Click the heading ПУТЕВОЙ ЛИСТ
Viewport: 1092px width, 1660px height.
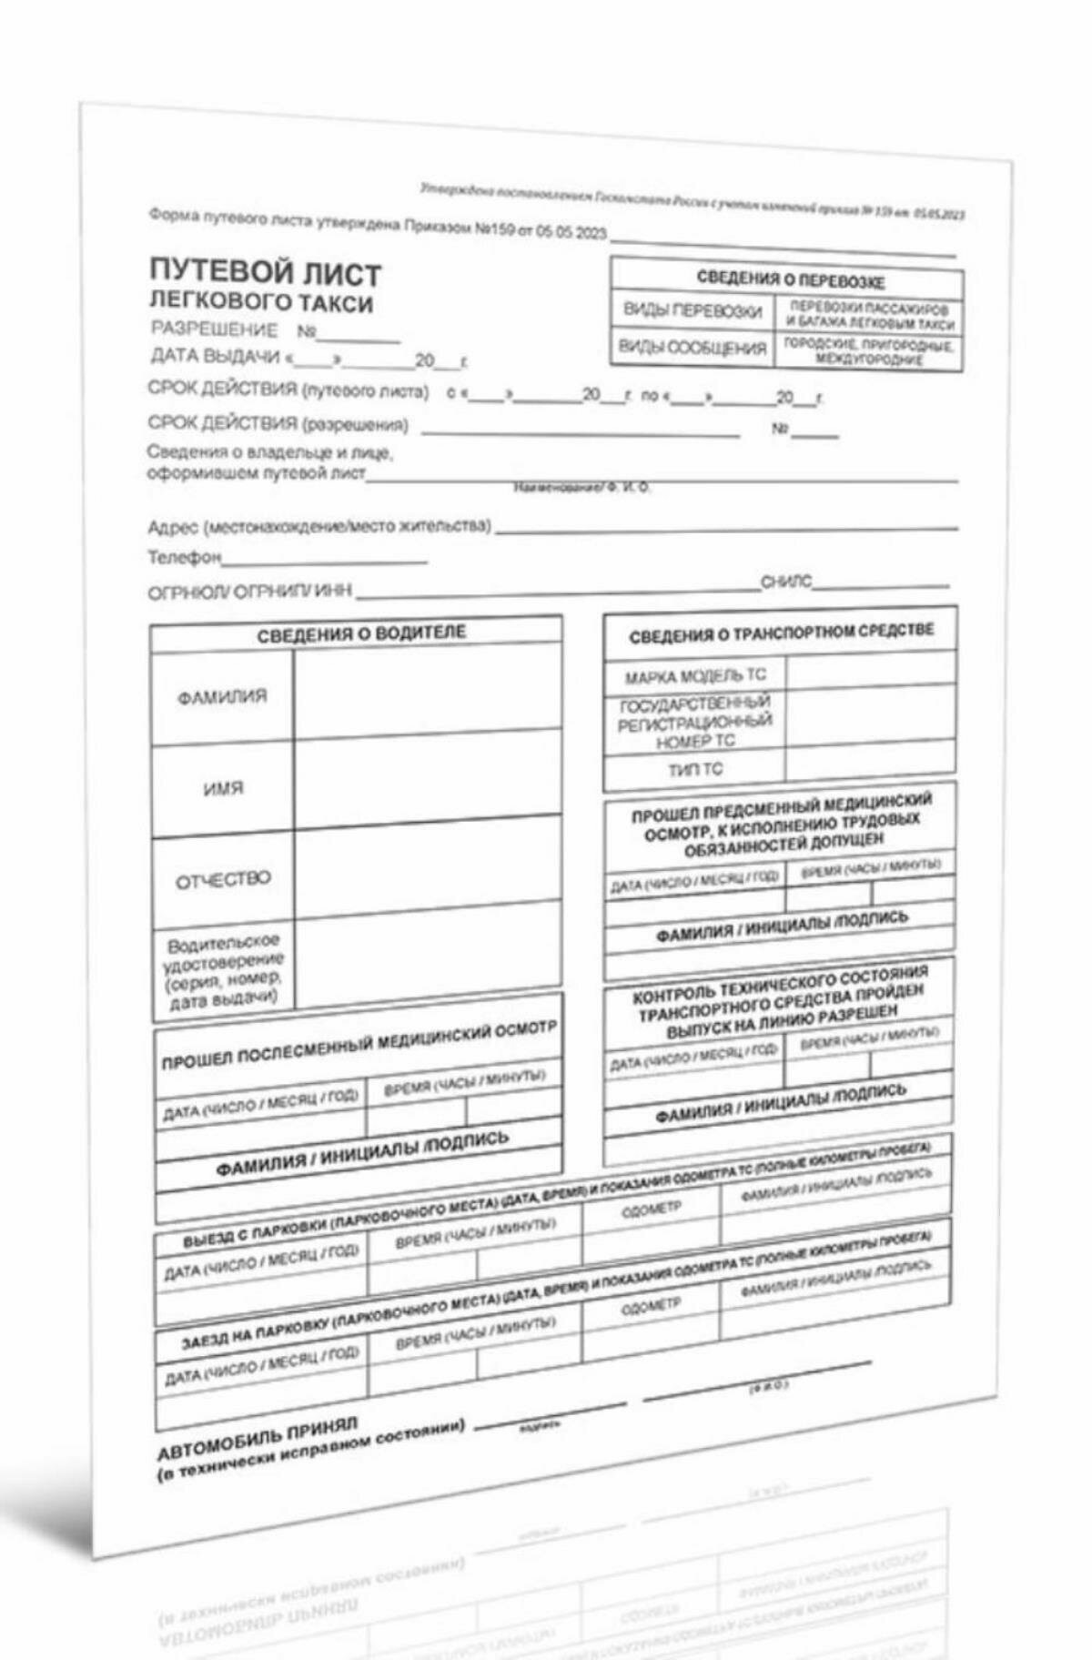tap(265, 272)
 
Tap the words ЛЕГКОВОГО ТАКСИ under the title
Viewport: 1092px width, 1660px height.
tap(260, 301)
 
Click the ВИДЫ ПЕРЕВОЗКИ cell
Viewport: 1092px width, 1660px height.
tap(693, 311)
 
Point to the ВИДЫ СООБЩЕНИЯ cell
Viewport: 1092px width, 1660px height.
tap(693, 348)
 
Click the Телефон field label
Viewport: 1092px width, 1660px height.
tap(184, 556)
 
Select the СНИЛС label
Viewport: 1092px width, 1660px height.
tap(786, 582)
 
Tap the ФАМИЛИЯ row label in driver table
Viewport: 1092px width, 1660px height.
tap(222, 697)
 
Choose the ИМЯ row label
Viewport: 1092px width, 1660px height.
tap(223, 788)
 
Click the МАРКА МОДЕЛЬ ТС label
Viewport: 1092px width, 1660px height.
tap(695, 676)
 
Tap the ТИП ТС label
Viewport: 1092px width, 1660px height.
tap(695, 770)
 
